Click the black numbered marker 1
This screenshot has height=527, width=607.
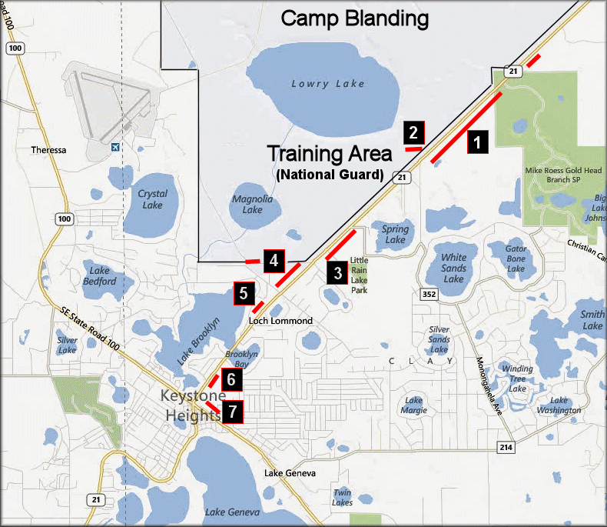pos(477,142)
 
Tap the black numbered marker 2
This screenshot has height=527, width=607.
pos(413,132)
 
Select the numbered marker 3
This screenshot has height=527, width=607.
pos(335,273)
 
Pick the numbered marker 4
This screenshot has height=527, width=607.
pos(273,261)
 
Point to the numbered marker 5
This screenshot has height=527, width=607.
pos(243,293)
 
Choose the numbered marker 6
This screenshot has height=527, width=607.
pos(231,379)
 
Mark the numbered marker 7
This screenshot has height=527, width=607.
pos(232,412)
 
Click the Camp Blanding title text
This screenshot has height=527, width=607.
pos(353,18)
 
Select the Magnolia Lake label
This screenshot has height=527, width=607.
pos(252,204)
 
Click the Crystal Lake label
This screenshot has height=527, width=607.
pos(152,199)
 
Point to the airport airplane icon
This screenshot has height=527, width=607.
pos(115,147)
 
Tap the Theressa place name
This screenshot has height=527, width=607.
pos(48,150)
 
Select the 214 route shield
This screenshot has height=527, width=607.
pos(506,447)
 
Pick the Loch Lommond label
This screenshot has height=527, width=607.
pos(281,320)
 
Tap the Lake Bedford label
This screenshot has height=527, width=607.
pos(102,275)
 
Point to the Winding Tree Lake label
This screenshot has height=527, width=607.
pos(518,379)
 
